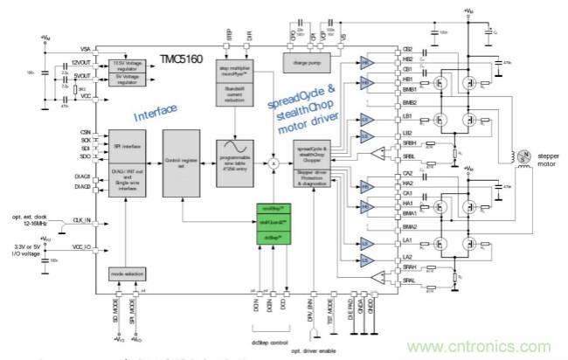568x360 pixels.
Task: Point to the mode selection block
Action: tap(128, 273)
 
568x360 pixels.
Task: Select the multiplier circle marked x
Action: tap(273, 163)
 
